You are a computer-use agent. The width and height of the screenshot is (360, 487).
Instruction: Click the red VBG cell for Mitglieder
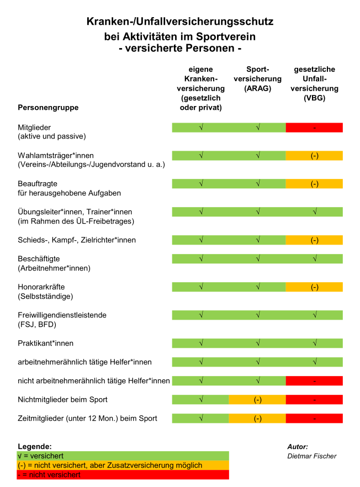click(x=314, y=128)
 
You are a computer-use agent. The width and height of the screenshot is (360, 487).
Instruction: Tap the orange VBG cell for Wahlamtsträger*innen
click(x=314, y=156)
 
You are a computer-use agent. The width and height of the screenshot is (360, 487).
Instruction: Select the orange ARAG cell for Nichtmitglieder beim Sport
click(x=257, y=399)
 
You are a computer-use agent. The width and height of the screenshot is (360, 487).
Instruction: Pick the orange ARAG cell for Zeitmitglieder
click(x=257, y=418)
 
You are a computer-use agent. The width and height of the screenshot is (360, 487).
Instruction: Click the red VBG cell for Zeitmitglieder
click(x=314, y=418)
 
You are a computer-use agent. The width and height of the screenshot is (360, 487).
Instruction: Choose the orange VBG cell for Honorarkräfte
click(x=314, y=287)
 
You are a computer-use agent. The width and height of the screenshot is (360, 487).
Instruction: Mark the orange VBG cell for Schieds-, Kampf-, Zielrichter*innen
click(x=314, y=240)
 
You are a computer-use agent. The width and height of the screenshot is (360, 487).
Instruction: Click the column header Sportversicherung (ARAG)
click(x=257, y=78)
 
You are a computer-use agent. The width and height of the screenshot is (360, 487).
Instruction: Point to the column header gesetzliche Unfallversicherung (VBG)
click(x=314, y=83)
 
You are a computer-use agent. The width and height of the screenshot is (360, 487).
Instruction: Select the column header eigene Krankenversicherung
click(x=200, y=88)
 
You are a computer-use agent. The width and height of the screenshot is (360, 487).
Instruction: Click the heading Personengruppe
click(x=48, y=107)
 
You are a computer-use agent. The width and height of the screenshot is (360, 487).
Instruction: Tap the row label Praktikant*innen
click(x=45, y=343)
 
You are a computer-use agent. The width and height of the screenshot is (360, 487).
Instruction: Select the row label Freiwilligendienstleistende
click(x=62, y=315)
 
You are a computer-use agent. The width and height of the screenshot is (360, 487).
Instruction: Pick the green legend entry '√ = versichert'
click(x=123, y=456)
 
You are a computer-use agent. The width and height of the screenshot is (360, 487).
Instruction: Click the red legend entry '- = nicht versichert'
click(x=123, y=475)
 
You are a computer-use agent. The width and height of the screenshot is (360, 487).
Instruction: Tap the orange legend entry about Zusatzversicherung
click(x=123, y=465)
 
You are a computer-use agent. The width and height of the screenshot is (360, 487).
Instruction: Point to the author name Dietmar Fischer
click(x=311, y=456)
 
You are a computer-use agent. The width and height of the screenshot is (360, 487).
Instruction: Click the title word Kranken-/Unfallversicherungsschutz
click(x=180, y=22)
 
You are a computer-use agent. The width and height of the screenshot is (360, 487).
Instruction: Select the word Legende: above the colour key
click(x=35, y=446)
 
